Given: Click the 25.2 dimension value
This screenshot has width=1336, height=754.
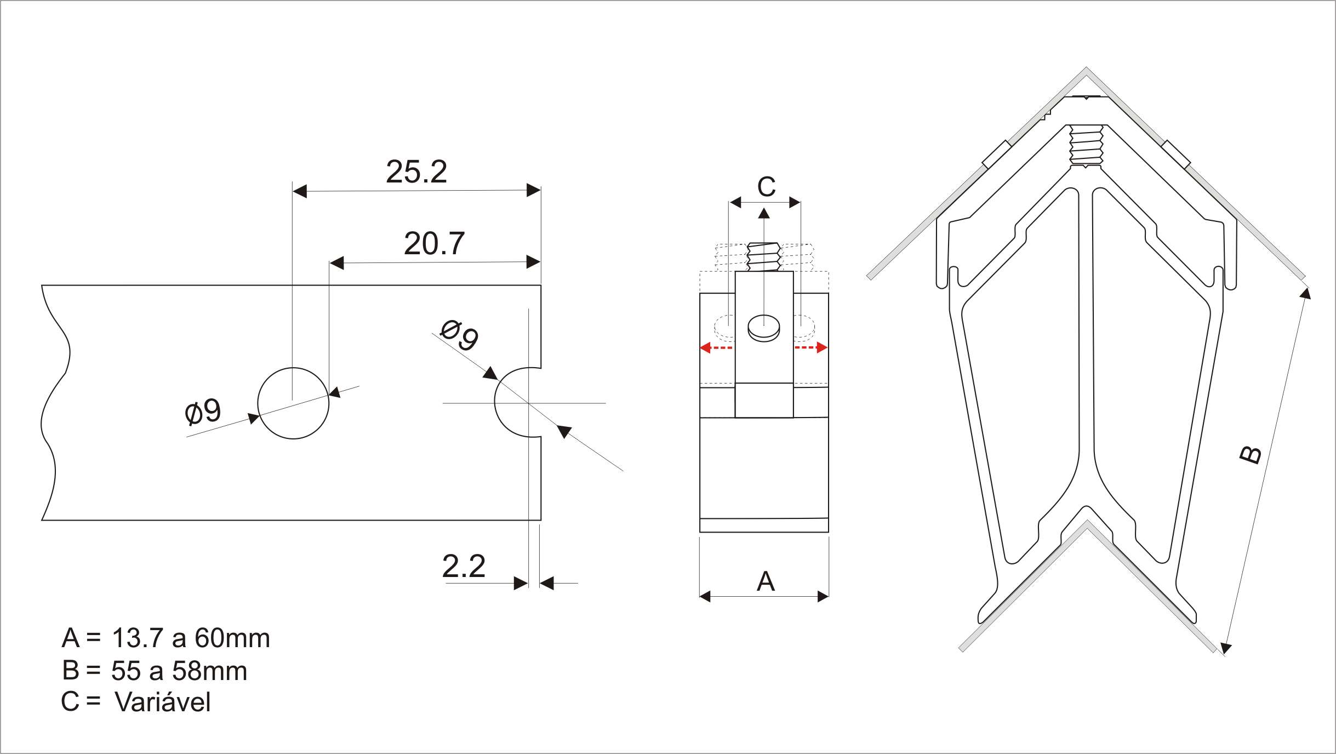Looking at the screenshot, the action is [x=416, y=172].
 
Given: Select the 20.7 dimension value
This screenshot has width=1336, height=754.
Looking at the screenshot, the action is [x=434, y=243].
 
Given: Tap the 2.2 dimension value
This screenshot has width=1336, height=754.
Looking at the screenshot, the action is [x=464, y=566].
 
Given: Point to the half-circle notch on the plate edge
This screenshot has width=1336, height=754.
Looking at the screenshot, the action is [x=495, y=403].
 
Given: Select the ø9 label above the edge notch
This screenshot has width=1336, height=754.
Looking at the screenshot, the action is [x=459, y=335].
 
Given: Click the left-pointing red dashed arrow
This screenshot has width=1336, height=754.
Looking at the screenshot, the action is [x=716, y=347].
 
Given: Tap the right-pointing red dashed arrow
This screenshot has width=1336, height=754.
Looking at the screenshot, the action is [x=811, y=347].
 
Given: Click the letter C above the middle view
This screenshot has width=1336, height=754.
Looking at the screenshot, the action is [x=766, y=187].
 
